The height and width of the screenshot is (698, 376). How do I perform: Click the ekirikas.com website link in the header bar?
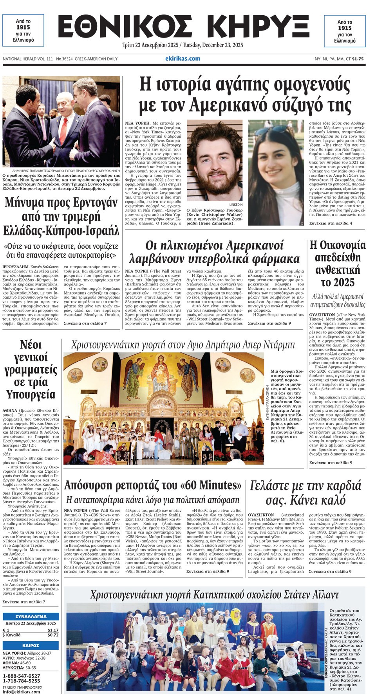183,59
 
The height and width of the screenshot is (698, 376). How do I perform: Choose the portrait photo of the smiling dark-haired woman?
276,172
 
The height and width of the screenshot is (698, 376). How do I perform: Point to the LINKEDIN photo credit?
235,205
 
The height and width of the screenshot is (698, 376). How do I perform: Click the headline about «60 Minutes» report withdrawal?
153,485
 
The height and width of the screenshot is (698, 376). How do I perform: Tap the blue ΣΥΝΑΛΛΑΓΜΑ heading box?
31,616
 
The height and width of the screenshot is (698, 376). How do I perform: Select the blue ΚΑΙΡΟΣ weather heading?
31,645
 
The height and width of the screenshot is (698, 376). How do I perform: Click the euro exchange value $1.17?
53,630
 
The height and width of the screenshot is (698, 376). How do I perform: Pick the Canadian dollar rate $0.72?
53,635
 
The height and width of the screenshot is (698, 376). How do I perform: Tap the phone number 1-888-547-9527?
22,676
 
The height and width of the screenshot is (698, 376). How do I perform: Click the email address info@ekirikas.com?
22,692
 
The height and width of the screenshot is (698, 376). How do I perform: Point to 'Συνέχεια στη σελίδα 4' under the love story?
331,223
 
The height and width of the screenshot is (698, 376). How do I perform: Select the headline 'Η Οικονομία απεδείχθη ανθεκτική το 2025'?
337,264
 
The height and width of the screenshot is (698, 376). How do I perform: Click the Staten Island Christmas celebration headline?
214,595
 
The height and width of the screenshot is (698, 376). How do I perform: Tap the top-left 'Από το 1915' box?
23,31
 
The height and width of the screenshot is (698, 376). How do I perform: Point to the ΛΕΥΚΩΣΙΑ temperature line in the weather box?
19,668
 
